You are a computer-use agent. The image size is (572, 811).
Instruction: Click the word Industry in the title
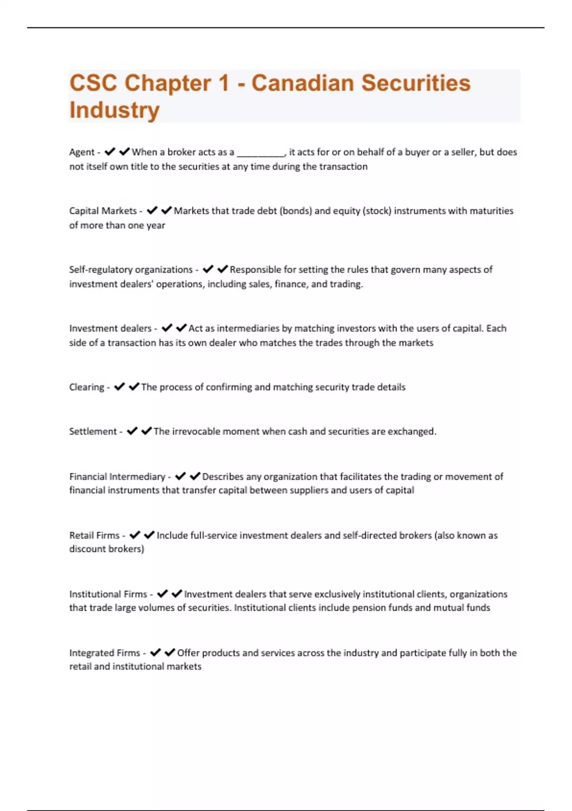(x=114, y=110)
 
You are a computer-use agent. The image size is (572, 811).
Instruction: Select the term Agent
(x=82, y=152)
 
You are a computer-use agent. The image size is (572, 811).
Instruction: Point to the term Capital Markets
(x=102, y=211)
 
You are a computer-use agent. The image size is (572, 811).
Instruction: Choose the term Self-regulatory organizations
(x=131, y=270)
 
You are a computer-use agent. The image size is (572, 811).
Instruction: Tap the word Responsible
(x=255, y=270)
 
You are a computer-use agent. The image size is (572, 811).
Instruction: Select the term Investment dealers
(x=110, y=328)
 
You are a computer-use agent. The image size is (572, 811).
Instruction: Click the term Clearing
(x=86, y=387)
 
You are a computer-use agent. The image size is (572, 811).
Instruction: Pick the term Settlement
(x=92, y=431)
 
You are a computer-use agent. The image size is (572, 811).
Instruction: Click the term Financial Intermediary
(x=117, y=477)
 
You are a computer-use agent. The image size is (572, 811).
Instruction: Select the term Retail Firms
(x=94, y=535)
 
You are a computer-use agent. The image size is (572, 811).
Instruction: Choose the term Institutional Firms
(x=108, y=594)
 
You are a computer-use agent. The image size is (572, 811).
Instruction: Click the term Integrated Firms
(x=104, y=653)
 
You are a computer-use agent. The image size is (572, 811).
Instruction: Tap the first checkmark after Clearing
(x=119, y=386)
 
